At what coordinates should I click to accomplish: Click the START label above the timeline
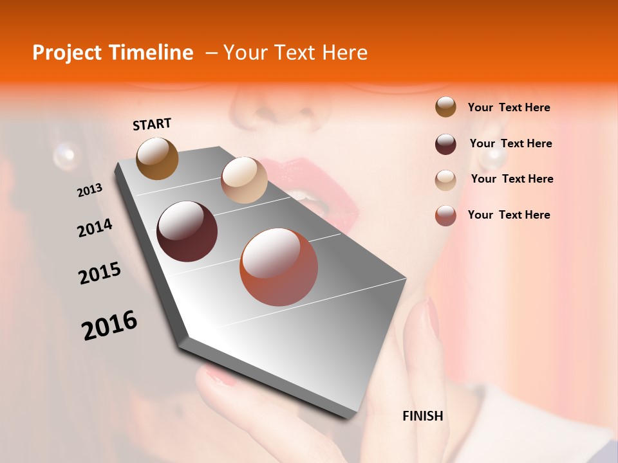(152, 124)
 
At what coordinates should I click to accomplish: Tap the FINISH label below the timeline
(422, 416)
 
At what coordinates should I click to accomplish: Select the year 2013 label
(89, 190)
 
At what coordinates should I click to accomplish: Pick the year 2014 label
(95, 228)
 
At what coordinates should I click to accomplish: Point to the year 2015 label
(100, 273)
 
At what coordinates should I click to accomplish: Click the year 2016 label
(109, 325)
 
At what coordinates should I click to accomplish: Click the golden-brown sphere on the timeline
(158, 159)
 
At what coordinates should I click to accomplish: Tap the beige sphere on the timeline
(244, 180)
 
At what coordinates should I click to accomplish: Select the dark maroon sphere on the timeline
(187, 232)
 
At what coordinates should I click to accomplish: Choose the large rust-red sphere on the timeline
(279, 267)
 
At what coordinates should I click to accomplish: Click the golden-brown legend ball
(445, 107)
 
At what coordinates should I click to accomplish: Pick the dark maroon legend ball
(445, 144)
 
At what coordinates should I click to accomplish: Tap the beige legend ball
(445, 180)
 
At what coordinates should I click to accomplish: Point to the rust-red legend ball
(445, 215)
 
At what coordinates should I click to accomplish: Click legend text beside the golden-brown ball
(509, 107)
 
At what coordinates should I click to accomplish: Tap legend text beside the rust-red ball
(509, 215)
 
